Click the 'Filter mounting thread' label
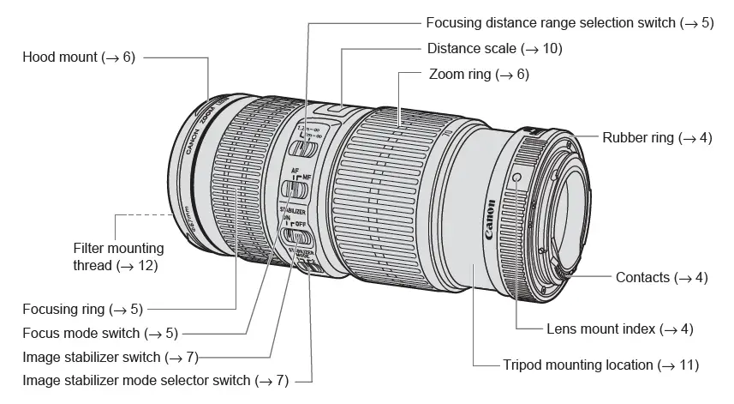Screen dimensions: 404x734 pos(119,257)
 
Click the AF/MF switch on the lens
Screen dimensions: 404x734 pos(294,189)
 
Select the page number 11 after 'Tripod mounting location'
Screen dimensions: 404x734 pos(686,365)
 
